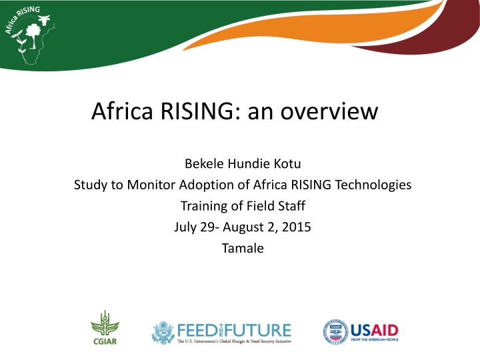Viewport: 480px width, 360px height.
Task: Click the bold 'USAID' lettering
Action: coord(374,329)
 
